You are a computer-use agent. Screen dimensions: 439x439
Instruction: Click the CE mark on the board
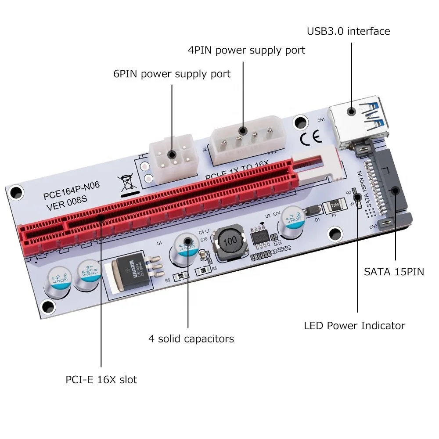click(311, 139)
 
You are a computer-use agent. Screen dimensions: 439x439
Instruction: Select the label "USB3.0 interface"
click(348, 31)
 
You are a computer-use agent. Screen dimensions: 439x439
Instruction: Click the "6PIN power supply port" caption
click(172, 74)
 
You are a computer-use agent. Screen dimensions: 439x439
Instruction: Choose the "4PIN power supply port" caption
click(246, 50)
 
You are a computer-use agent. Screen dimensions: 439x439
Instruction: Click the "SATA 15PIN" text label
click(394, 272)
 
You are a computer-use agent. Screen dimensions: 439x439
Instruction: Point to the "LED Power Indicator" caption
click(354, 326)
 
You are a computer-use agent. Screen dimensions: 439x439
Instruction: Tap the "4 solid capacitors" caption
click(191, 339)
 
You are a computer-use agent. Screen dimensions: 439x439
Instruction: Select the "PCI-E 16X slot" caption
click(101, 379)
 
